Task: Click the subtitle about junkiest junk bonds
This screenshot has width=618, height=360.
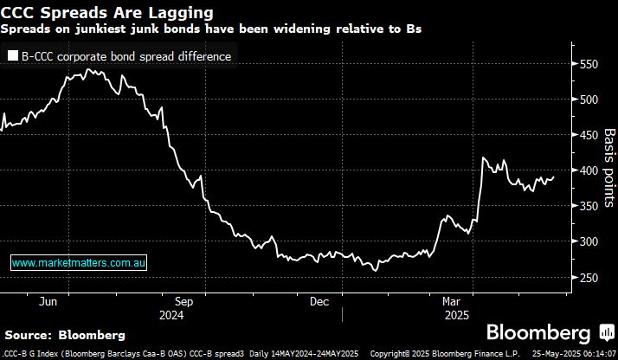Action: (x=212, y=29)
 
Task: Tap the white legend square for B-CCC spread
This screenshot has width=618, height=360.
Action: (x=13, y=56)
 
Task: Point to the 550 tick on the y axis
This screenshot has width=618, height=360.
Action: (x=591, y=64)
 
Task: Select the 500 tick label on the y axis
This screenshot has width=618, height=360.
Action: (x=591, y=100)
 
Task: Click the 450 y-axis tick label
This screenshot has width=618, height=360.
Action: (x=591, y=135)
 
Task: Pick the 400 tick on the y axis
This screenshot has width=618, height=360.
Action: (x=591, y=170)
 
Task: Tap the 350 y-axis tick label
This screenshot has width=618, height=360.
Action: (x=591, y=206)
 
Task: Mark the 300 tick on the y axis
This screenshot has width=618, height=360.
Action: (x=591, y=241)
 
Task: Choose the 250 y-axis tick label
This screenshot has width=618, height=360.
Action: (x=591, y=277)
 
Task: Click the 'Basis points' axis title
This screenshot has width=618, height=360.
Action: (x=609, y=168)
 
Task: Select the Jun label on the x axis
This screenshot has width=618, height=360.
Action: (x=48, y=301)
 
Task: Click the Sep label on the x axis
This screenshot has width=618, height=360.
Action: (x=183, y=301)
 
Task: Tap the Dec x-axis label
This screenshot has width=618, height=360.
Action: (x=319, y=301)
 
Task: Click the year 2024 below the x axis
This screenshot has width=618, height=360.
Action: (x=171, y=315)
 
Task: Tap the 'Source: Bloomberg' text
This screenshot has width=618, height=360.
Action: (x=65, y=334)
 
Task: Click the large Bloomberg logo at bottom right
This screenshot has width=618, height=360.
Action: (x=539, y=333)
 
